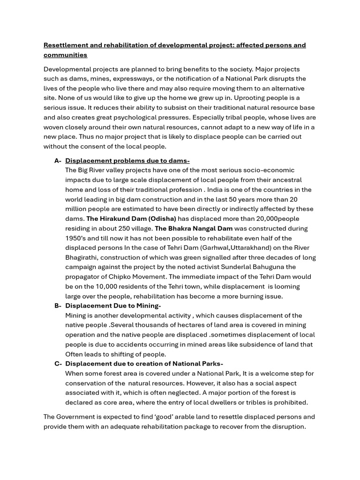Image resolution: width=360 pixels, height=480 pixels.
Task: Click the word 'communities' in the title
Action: pyautogui.click(x=65, y=55)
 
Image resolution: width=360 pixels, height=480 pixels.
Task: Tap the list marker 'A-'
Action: pyautogui.click(x=58, y=161)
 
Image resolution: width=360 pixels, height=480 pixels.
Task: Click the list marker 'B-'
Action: pyautogui.click(x=58, y=306)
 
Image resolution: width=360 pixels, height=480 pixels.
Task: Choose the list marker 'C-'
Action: pyautogui.click(x=58, y=364)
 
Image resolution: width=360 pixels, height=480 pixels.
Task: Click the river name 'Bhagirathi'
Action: pyautogui.click(x=81, y=257)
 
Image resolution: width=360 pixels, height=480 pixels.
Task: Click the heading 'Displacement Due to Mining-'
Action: pyautogui.click(x=113, y=306)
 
